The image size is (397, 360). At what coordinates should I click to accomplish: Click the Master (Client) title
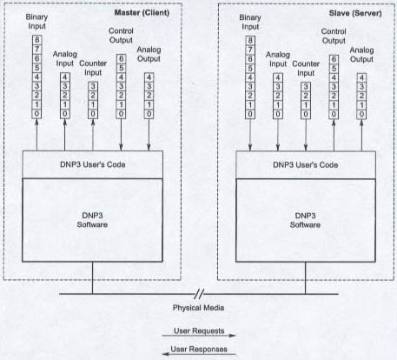tap(142, 13)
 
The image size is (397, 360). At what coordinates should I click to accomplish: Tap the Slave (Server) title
tap(355, 13)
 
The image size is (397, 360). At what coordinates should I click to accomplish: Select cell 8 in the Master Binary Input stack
tap(36, 40)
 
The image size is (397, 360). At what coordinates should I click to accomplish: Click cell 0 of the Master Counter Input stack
tap(93, 114)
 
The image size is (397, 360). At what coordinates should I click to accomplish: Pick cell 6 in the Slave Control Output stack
tap(334, 59)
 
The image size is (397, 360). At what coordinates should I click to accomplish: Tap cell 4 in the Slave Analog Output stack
tap(361, 78)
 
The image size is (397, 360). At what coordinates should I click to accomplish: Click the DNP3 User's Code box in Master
tap(93, 164)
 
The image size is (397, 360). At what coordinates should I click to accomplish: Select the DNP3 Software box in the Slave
tap(306, 221)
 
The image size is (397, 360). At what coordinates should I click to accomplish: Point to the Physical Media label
tap(198, 308)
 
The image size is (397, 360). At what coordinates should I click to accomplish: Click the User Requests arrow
tap(199, 336)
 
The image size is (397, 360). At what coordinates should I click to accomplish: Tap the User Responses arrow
tap(199, 354)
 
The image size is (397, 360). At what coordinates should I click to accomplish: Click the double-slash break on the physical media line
tap(199, 294)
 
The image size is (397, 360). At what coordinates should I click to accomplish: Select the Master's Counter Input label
tap(93, 68)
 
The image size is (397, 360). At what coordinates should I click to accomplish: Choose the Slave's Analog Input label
tap(278, 59)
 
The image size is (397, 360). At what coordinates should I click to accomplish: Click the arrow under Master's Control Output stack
tap(121, 135)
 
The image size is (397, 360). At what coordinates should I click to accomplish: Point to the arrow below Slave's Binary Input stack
tap(250, 135)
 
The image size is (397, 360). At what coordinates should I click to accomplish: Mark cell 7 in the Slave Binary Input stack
tap(250, 50)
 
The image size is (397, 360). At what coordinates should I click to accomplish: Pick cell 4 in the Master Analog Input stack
tap(65, 77)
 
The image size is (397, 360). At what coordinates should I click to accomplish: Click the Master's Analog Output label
tap(149, 54)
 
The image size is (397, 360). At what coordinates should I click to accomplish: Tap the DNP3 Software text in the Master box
tap(92, 220)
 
